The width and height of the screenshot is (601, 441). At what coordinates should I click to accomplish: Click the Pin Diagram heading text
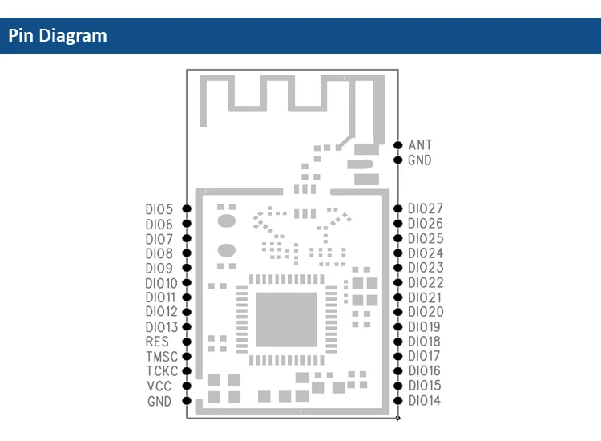[x=58, y=36]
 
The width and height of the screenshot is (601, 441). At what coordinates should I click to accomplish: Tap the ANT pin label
[x=420, y=145]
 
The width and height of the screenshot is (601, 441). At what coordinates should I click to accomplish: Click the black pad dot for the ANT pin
[x=398, y=145]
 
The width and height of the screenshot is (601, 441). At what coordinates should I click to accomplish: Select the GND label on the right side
[x=420, y=160]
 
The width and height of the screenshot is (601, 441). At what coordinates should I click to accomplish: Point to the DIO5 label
[x=159, y=209]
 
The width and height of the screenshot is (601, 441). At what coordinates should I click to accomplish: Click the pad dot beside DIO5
[x=187, y=208]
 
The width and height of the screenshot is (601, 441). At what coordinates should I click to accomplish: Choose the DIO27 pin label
[x=425, y=208]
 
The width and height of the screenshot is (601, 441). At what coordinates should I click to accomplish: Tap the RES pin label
[x=158, y=342]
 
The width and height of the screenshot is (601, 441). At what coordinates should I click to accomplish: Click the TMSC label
[x=162, y=357]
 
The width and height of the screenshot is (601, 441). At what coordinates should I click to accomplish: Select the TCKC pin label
[x=162, y=371]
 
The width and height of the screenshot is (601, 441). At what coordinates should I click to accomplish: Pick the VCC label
[x=159, y=386]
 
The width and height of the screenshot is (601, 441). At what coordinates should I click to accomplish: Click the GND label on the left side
[x=159, y=401]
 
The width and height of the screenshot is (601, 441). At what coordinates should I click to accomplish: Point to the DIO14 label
[x=425, y=401]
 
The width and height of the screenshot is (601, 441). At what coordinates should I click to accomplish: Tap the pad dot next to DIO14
[x=398, y=400]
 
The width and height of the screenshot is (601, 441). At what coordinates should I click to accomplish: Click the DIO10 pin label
[x=162, y=283]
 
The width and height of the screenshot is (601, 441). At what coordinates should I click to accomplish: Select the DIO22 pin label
[x=425, y=283]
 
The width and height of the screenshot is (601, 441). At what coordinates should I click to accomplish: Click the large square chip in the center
[x=287, y=319]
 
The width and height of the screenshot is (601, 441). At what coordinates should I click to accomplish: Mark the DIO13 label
[x=162, y=327]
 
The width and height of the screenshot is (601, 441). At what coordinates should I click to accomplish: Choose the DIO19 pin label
[x=425, y=327]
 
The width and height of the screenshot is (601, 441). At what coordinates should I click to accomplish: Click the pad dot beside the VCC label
[x=187, y=386]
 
